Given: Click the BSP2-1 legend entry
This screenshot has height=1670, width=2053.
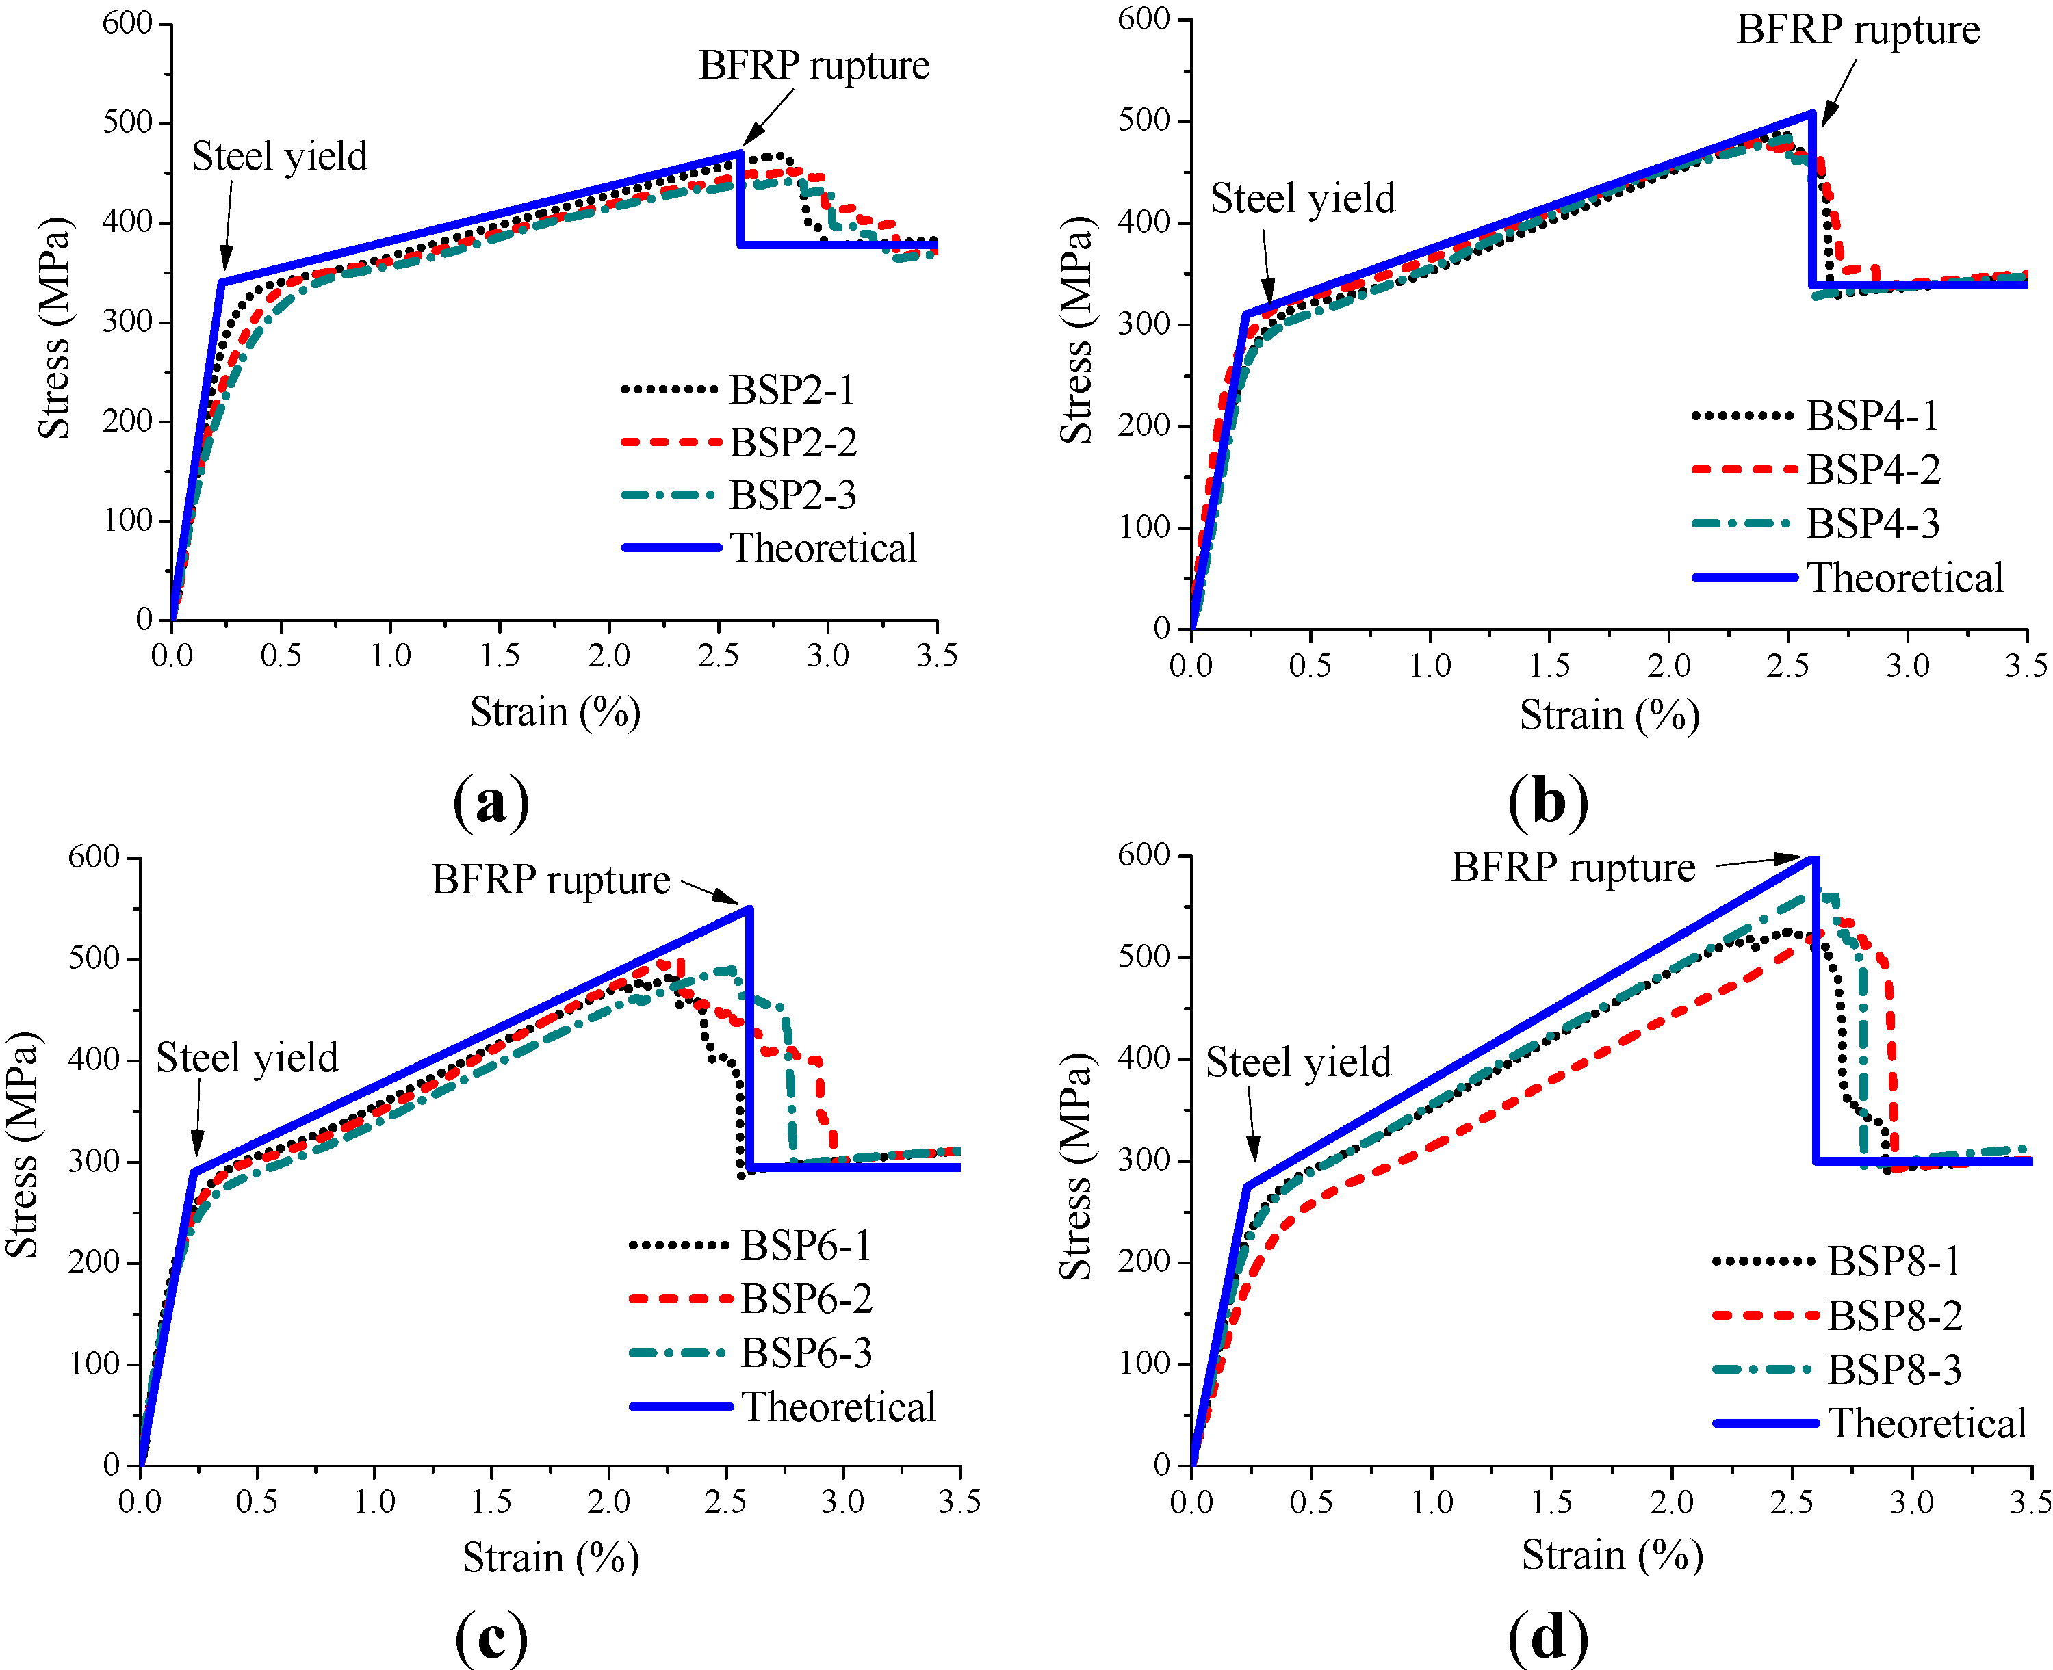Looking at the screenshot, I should click(x=791, y=389).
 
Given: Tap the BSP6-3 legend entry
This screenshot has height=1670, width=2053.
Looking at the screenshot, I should click(x=806, y=1353).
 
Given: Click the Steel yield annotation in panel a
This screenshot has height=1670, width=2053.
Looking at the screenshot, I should click(x=279, y=156).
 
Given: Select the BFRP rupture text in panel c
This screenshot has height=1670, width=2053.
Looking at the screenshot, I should click(x=550, y=879).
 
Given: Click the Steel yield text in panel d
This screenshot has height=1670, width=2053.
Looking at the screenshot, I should click(x=1297, y=1062).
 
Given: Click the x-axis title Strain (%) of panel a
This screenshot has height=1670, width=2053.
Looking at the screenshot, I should click(x=555, y=712).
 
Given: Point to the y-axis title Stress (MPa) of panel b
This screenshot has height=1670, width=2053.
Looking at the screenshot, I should click(x=1076, y=330).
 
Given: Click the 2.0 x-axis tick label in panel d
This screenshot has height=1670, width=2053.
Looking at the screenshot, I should click(x=1671, y=1502).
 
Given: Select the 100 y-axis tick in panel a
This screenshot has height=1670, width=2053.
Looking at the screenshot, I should click(x=128, y=521).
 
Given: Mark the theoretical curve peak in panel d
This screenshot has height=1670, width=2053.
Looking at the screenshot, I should click(x=1814, y=857).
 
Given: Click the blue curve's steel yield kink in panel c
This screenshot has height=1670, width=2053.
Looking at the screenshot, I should click(x=194, y=1172).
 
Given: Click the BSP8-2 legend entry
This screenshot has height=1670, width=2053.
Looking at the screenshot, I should click(x=1894, y=1315).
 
